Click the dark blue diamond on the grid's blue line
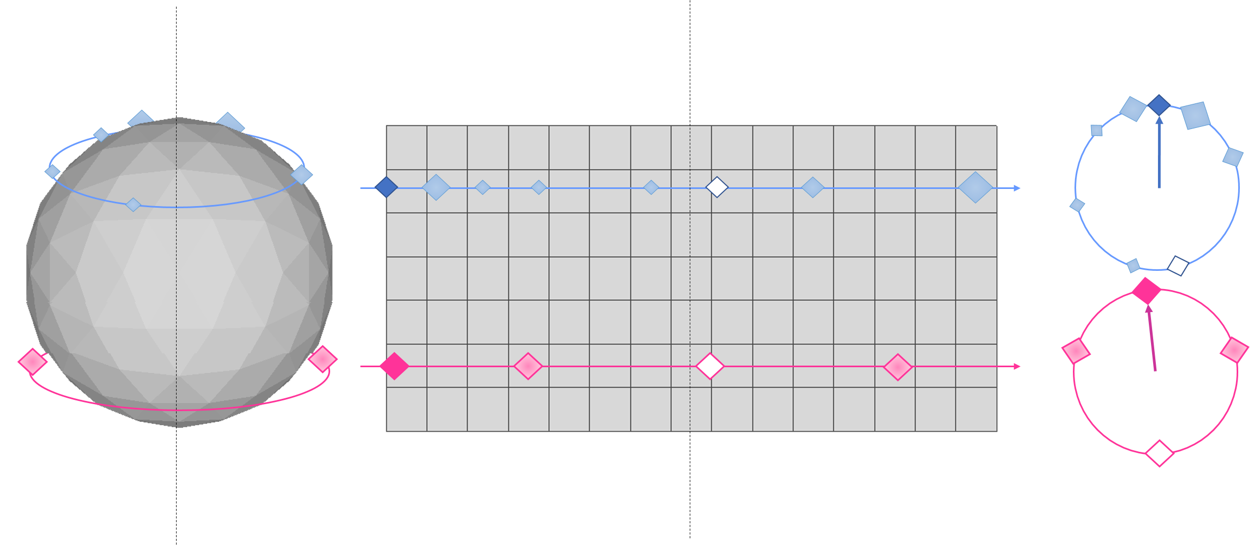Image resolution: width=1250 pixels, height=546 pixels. point(386,187)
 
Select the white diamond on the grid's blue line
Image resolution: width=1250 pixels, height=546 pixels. point(717,187)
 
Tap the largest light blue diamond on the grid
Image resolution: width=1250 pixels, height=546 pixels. point(975,187)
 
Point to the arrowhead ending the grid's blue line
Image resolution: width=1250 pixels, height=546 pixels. point(1017,188)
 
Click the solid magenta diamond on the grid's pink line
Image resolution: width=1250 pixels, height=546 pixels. point(394,366)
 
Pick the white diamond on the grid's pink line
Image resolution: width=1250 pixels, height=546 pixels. point(710,366)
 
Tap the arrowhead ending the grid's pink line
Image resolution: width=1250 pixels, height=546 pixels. point(1017,367)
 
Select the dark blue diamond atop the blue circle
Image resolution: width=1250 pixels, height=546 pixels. point(1159,105)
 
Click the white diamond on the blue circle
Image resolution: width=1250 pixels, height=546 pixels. point(1178,266)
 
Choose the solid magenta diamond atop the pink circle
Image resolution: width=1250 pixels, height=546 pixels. point(1146,291)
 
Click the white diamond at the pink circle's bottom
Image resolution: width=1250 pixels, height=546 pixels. point(1159,453)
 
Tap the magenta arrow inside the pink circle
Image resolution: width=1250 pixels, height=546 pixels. point(1152,337)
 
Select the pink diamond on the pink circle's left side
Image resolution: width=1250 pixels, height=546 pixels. point(1076,351)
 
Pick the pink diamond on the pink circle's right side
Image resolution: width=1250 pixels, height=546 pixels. point(1234,350)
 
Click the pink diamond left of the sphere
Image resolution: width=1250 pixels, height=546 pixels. point(33,361)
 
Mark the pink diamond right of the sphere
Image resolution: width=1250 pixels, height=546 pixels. point(323,359)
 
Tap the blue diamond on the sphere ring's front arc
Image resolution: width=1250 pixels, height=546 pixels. point(133,204)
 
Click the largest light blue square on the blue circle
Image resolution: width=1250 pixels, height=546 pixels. point(1195,116)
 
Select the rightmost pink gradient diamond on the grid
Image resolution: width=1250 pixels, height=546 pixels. point(898,367)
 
